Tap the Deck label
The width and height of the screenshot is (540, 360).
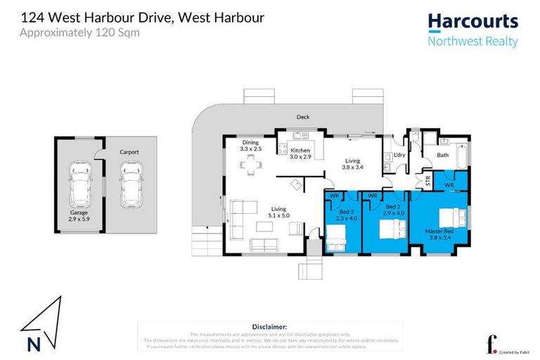[302, 117]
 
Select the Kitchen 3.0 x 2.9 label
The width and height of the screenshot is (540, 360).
[300, 154]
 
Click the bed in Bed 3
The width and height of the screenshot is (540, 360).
[337, 239]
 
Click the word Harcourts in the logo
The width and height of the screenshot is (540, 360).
[472, 22]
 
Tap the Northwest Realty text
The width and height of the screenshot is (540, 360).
[472, 41]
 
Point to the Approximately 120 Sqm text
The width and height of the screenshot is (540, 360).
[79, 32]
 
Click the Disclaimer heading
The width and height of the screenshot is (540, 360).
[269, 326]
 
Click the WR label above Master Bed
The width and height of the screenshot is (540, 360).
[449, 185]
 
